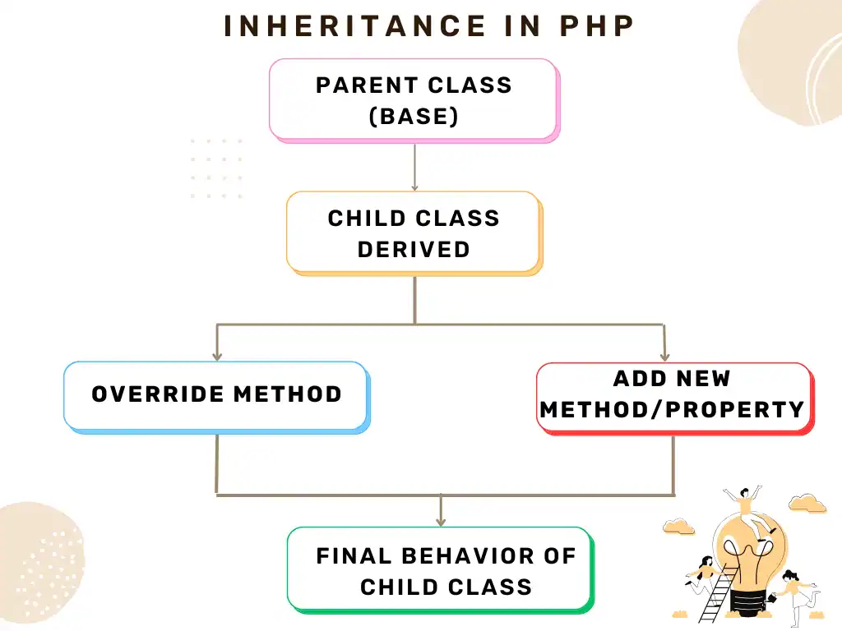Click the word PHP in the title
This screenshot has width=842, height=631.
tap(597, 25)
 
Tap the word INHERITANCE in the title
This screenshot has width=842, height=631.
tap(355, 25)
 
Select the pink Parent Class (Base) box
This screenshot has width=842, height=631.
tap(414, 101)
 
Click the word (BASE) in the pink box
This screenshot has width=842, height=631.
tap(414, 117)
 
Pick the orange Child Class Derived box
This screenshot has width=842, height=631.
tap(414, 233)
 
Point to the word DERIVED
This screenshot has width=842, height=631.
tap(414, 250)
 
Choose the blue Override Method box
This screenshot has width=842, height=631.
tap(217, 397)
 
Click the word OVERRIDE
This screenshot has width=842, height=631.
tap(158, 394)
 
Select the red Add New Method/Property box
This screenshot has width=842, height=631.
tap(676, 398)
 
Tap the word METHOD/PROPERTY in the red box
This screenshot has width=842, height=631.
tap(673, 410)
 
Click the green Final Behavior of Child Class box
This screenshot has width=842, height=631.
tap(441, 570)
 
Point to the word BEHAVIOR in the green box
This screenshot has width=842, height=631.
tap(468, 556)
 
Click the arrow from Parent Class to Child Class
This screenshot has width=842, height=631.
tap(414, 167)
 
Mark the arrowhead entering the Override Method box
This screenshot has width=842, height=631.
tap(217, 356)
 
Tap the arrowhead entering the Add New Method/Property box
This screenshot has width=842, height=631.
tap(664, 357)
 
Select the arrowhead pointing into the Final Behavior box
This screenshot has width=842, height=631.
tap(441, 520)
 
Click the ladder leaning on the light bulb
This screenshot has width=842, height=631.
tap(718, 592)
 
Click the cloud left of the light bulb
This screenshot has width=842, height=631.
tap(678, 527)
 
